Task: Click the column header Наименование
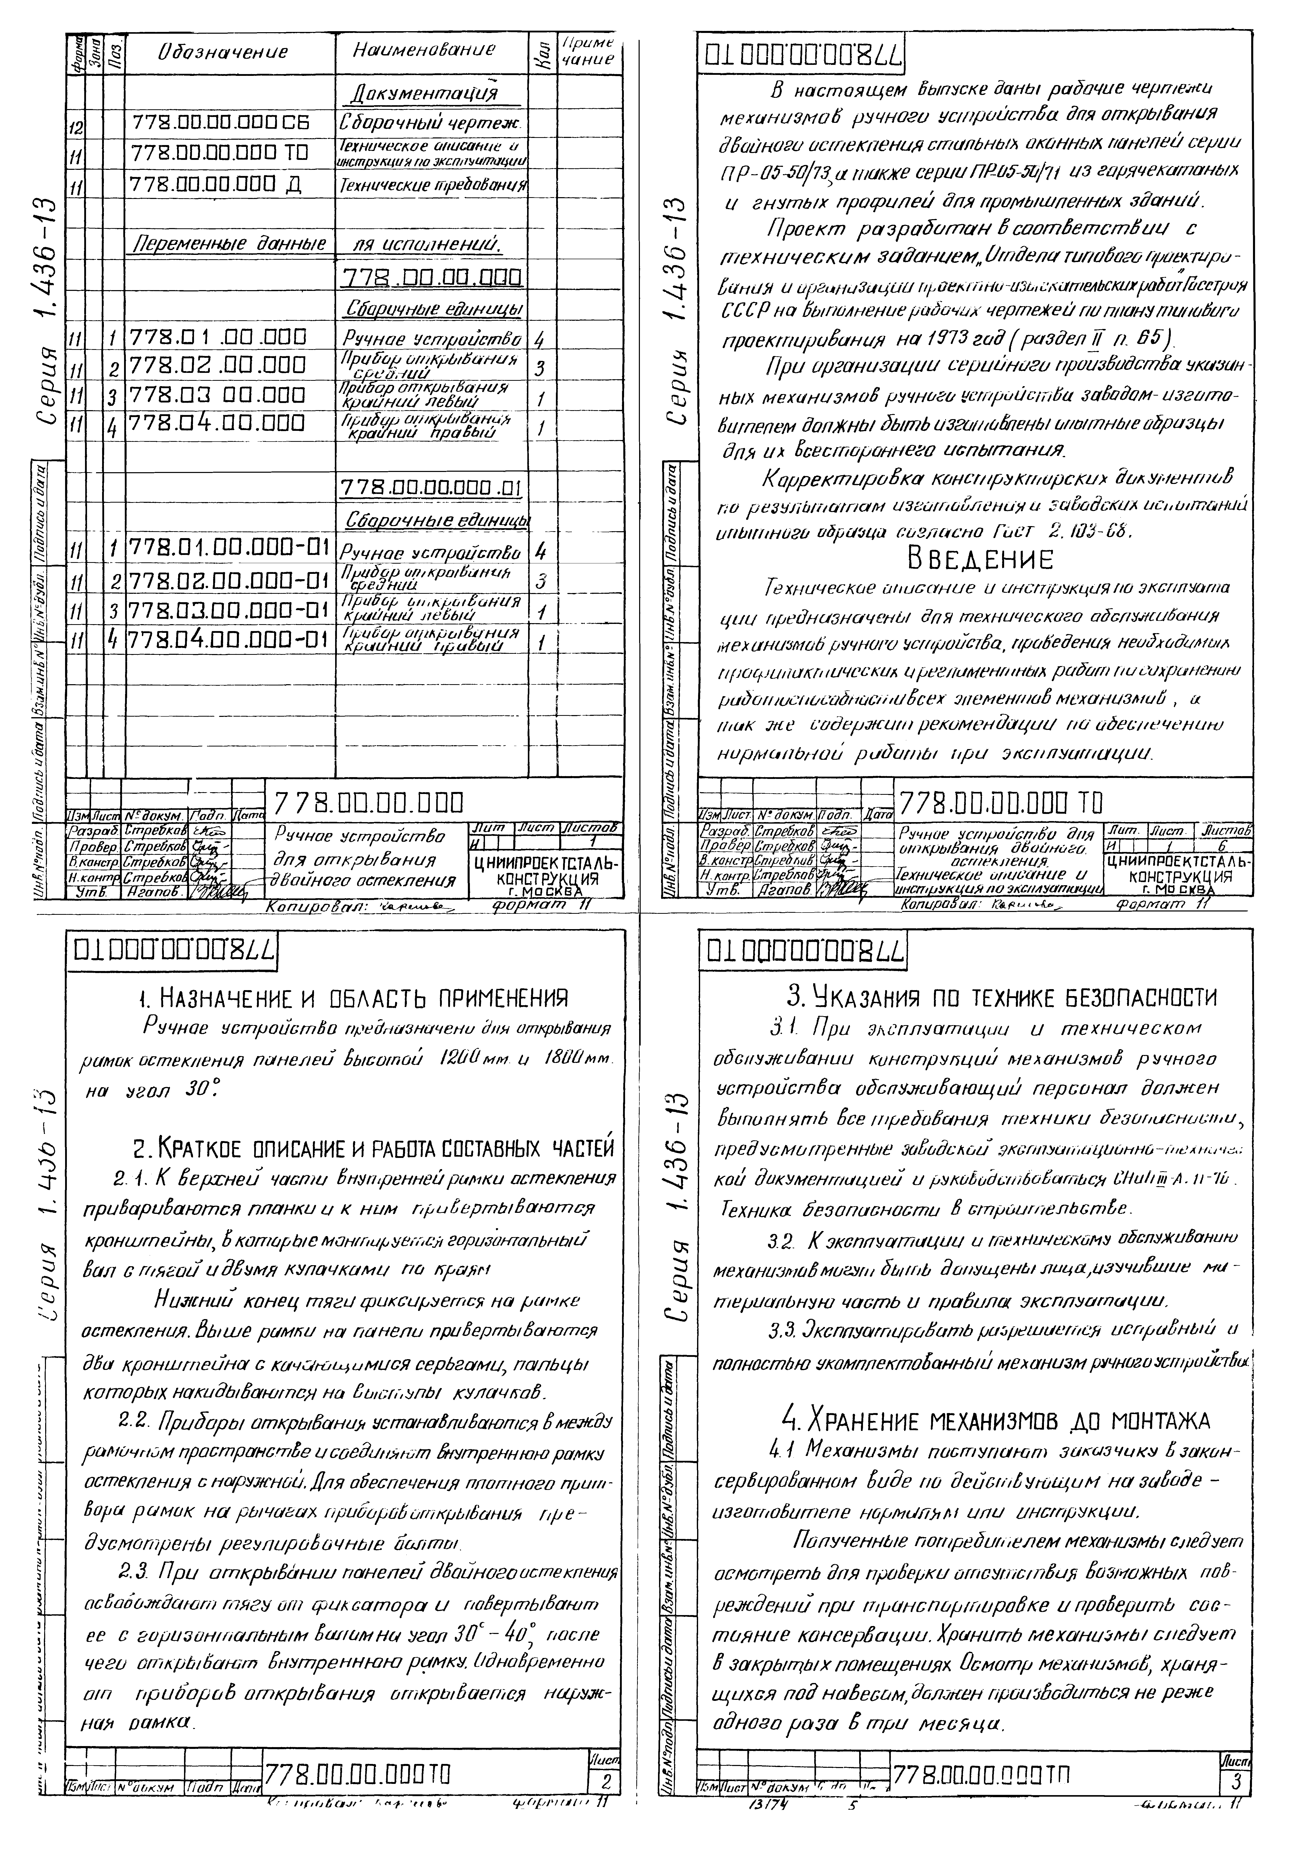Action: tap(425, 50)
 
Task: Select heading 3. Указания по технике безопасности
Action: tap(1001, 997)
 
